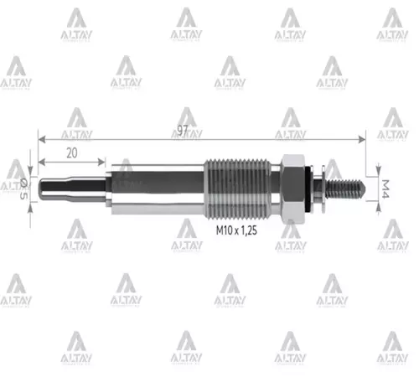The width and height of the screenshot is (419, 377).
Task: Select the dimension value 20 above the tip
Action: (x=71, y=152)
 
